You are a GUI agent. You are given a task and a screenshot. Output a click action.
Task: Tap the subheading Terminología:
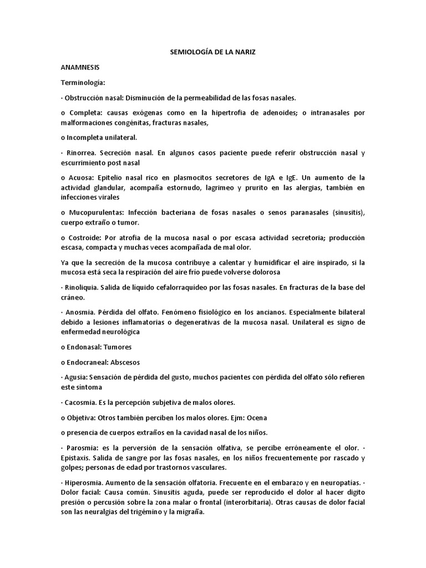[83, 82]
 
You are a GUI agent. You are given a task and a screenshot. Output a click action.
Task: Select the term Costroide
[88, 237]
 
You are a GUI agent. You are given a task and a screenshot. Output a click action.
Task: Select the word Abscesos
[128, 362]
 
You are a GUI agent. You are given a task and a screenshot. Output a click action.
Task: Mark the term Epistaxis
[80, 458]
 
